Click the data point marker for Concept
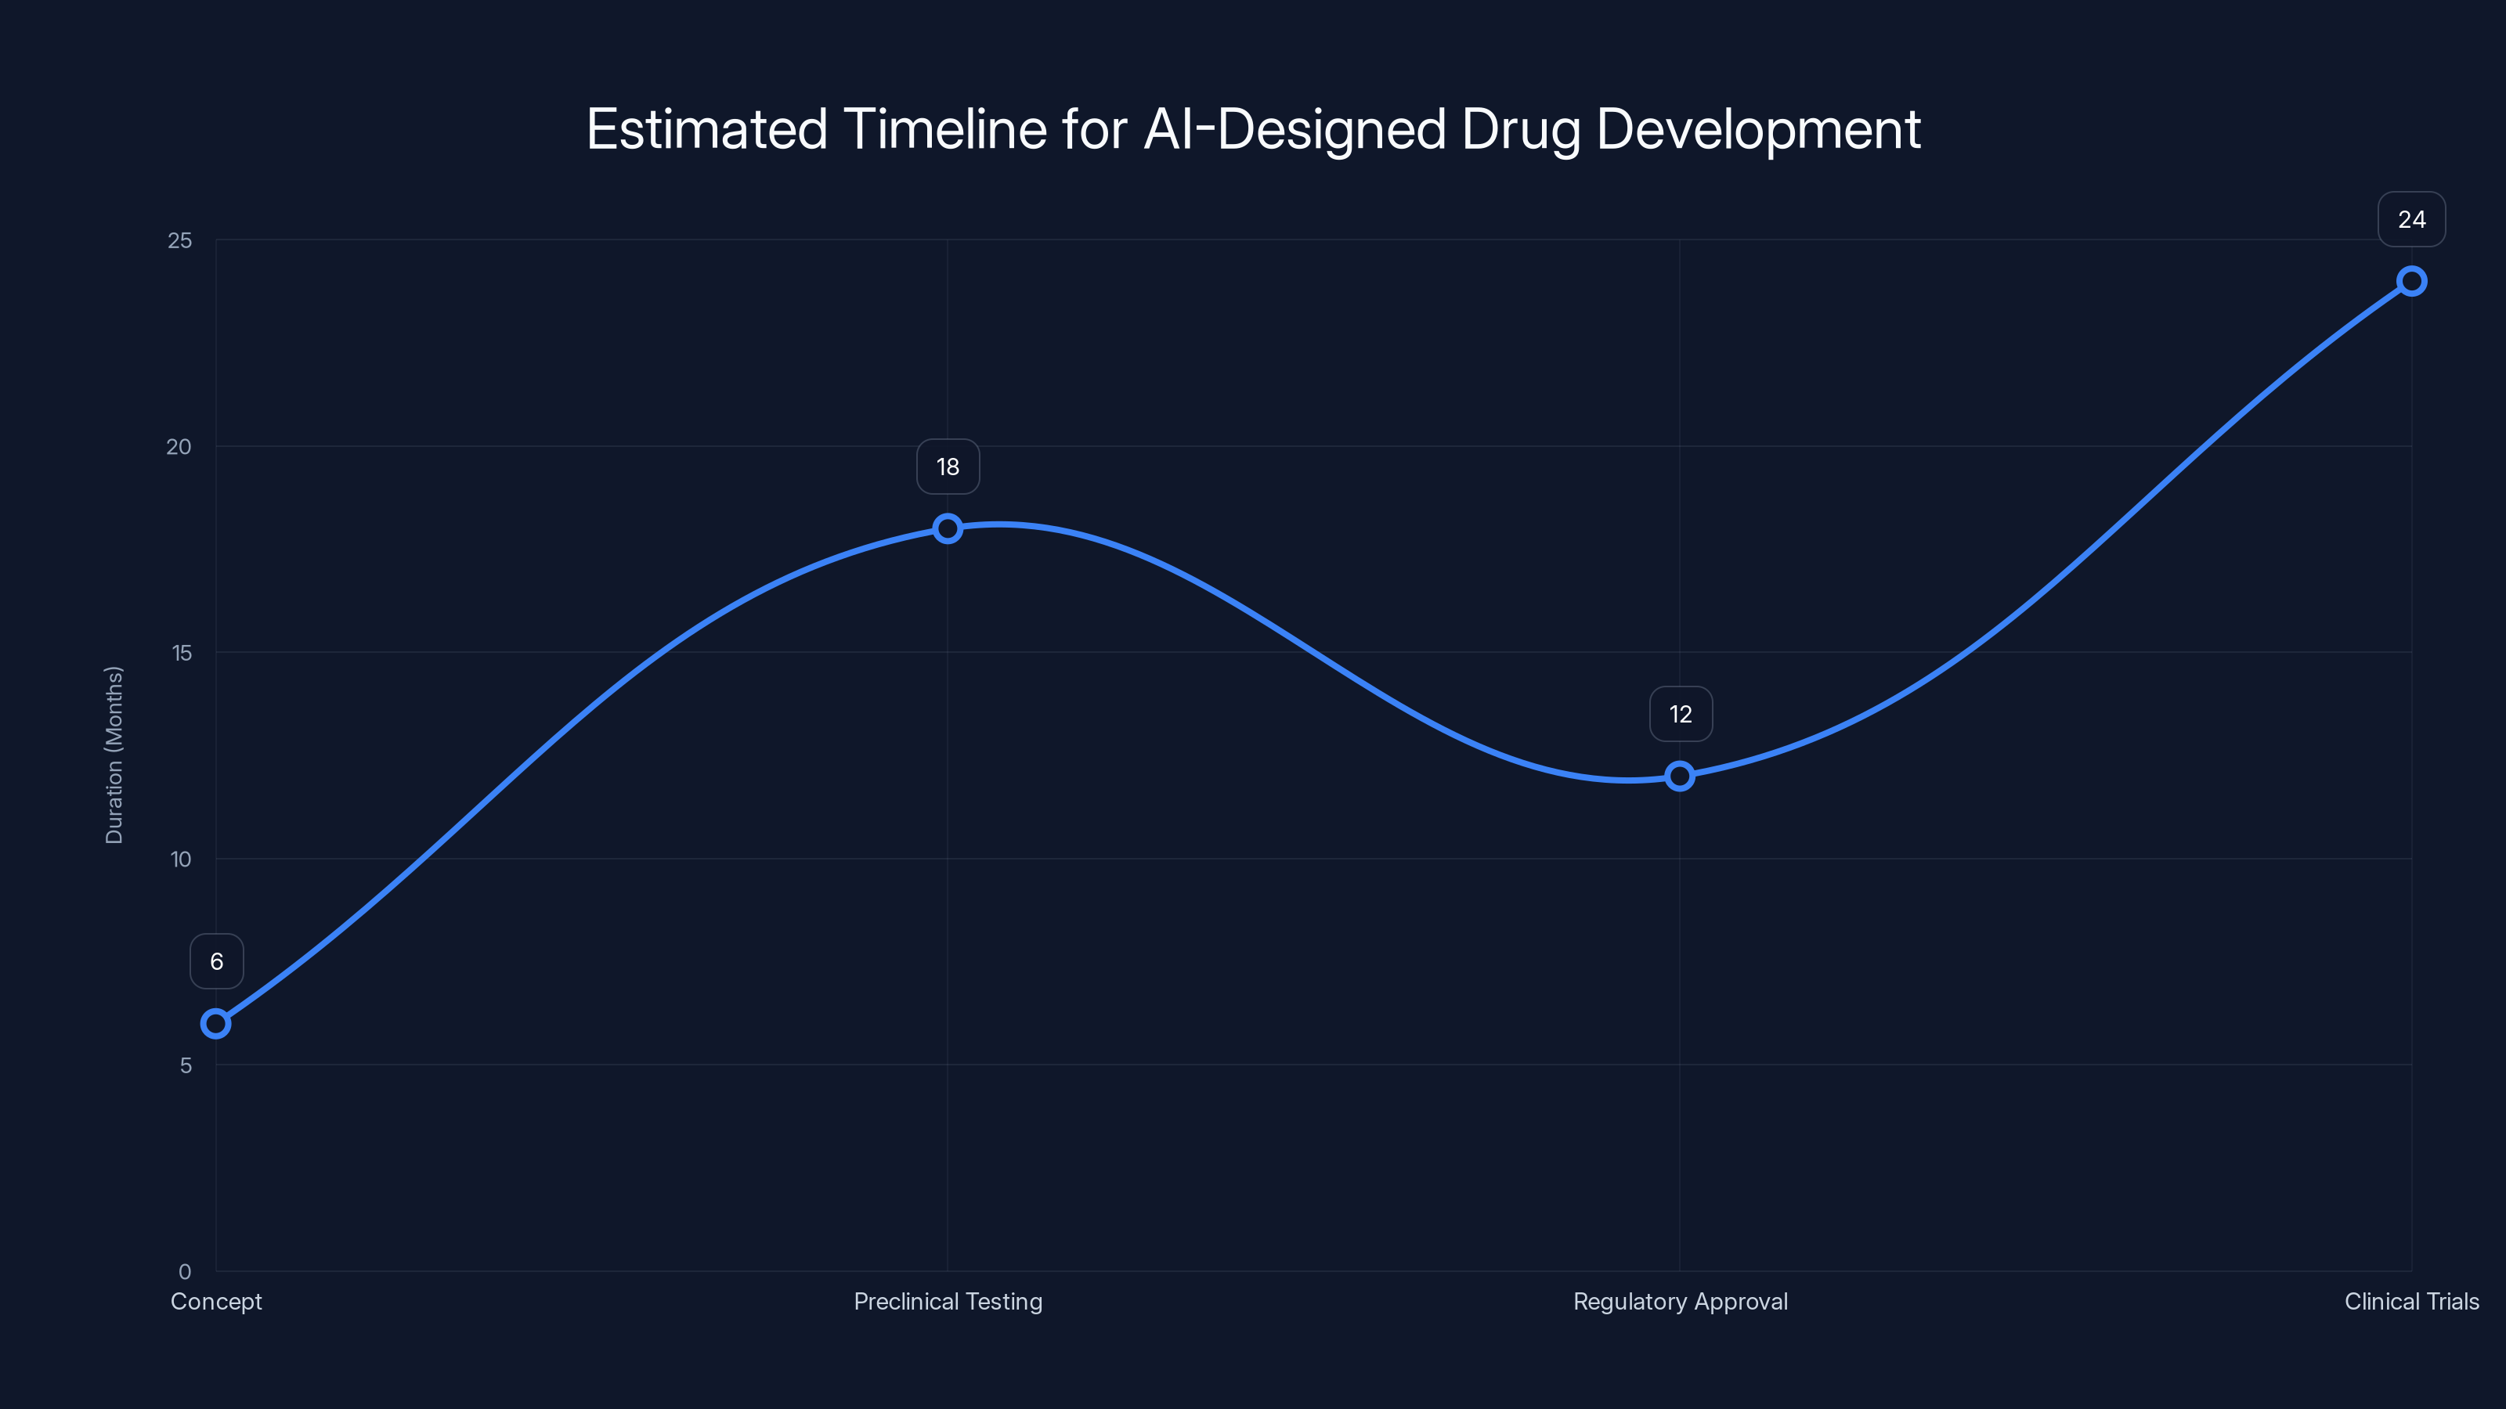(x=216, y=1024)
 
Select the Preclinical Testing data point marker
(x=948, y=528)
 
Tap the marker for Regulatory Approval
(x=1679, y=776)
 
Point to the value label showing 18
(x=948, y=467)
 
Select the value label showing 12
(x=1680, y=715)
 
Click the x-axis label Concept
(x=216, y=1301)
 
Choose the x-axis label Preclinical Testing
(x=948, y=1301)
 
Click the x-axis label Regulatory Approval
(x=1680, y=1301)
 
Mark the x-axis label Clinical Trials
(x=2410, y=1301)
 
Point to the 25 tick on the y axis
(x=180, y=240)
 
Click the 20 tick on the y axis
(x=179, y=446)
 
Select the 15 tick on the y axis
(x=181, y=653)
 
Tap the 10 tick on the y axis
(x=181, y=859)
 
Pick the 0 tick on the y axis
(x=185, y=1271)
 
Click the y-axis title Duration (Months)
(x=114, y=755)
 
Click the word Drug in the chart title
(x=1521, y=130)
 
